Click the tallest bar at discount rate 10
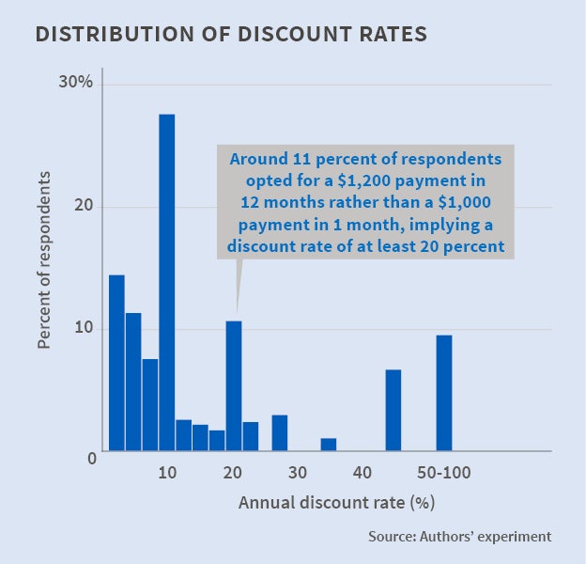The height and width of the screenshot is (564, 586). pyautogui.click(x=167, y=282)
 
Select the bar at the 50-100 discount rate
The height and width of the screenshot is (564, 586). pyautogui.click(x=444, y=393)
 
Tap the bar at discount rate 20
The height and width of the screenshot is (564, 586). pyautogui.click(x=234, y=385)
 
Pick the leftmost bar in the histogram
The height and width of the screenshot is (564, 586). pyautogui.click(x=116, y=363)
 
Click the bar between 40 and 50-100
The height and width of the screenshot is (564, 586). pyautogui.click(x=393, y=410)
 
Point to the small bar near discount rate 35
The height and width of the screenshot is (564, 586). pyautogui.click(x=328, y=445)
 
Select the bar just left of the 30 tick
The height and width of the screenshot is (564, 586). pyautogui.click(x=280, y=432)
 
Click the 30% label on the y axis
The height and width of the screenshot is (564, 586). pyautogui.click(x=74, y=84)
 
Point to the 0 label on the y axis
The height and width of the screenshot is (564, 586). pyautogui.click(x=92, y=458)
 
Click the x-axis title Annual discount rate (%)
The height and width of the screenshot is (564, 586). pyautogui.click(x=336, y=502)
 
